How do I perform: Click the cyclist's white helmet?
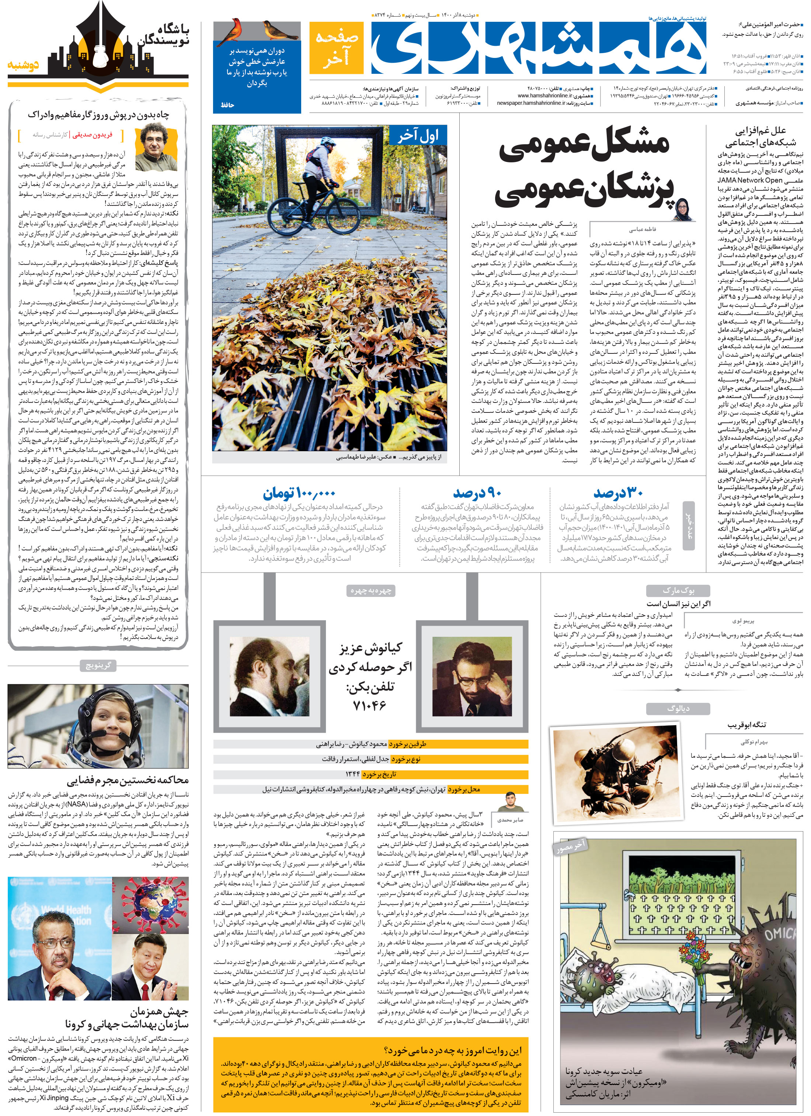pos(326,142)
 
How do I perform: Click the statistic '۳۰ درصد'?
pos(618,493)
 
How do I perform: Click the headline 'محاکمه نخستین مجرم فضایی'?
pos(128,780)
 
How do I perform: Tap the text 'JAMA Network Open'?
pos(749,180)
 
